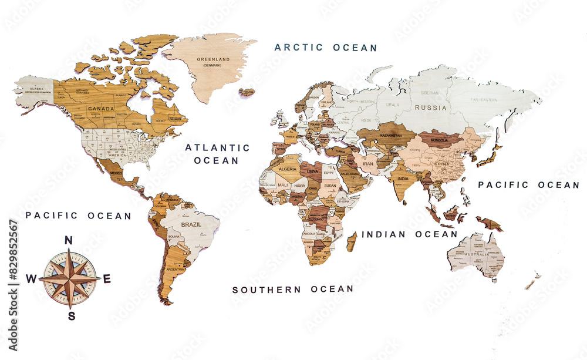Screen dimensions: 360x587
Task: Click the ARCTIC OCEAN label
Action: (x=326, y=48)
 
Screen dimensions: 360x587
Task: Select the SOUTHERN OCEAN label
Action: (x=293, y=290)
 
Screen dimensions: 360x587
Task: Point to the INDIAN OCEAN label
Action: (x=409, y=234)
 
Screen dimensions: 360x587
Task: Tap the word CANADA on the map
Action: (x=101, y=109)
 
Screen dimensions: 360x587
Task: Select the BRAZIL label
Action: (x=191, y=225)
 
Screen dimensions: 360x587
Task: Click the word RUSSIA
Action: (x=430, y=108)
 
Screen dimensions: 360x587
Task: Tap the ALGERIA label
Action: (x=288, y=169)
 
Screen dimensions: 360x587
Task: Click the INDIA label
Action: (x=403, y=179)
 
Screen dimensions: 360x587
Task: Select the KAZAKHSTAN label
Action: (x=391, y=135)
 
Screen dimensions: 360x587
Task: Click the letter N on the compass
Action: (x=68, y=240)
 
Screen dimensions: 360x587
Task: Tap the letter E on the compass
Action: (x=106, y=279)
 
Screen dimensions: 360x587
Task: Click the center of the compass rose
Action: (x=69, y=279)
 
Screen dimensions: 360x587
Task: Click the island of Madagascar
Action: (x=352, y=241)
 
